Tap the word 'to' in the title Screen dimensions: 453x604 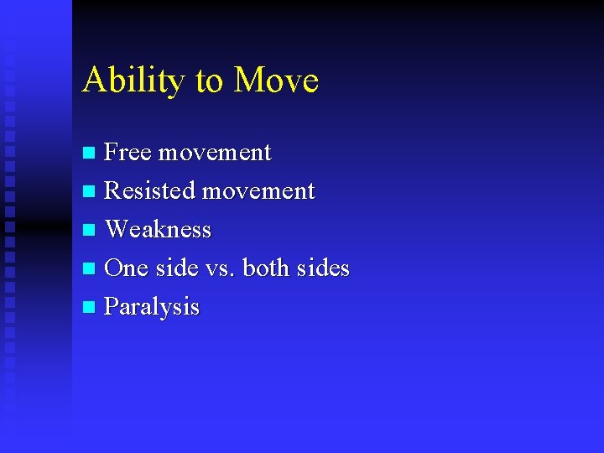coord(210,81)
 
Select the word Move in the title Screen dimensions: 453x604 coord(276,81)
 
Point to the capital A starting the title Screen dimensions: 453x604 coord(92,81)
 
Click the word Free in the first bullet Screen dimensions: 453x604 coord(128,153)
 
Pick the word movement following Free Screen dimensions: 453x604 coord(215,153)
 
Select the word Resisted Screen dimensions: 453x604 coord(149,191)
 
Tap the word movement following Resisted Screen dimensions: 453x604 coord(258,191)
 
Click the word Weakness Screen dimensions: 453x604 coord(158,230)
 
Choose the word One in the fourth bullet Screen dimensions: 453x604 coord(126,268)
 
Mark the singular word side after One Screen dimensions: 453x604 coord(177,268)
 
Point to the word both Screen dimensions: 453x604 coord(269,268)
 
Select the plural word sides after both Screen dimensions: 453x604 coord(323,268)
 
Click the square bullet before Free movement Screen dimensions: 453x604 coord(90,154)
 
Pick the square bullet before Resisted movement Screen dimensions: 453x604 coord(90,192)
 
